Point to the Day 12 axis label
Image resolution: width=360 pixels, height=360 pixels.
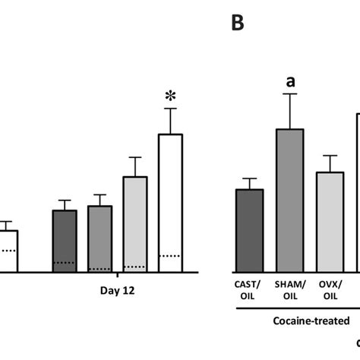[117, 289]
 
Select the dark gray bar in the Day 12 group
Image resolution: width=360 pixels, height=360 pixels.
[65, 240]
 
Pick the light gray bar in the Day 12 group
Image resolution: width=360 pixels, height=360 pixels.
[134, 223]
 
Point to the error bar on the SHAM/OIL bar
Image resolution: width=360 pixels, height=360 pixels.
[289, 111]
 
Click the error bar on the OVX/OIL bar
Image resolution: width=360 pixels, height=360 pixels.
[329, 163]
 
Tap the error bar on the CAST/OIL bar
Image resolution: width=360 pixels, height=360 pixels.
[249, 183]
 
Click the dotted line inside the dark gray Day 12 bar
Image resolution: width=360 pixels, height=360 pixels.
[65, 263]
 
